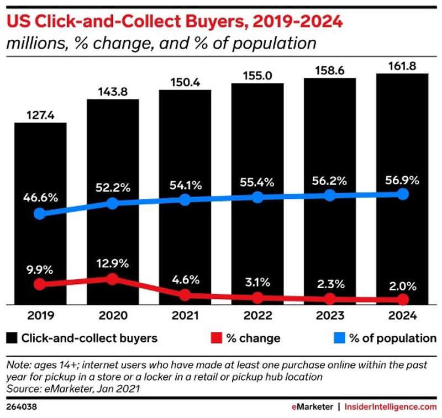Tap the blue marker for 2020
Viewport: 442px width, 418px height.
click(x=112, y=203)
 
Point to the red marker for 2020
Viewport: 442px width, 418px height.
click(x=112, y=279)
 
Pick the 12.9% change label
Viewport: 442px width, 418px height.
click(x=112, y=260)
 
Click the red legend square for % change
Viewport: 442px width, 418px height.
click(x=217, y=337)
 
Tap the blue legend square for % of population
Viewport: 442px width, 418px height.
click(x=339, y=337)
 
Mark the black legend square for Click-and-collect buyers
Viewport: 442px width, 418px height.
click(x=12, y=337)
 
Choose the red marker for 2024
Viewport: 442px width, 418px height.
click(x=403, y=299)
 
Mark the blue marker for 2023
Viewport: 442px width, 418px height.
click(x=330, y=195)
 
